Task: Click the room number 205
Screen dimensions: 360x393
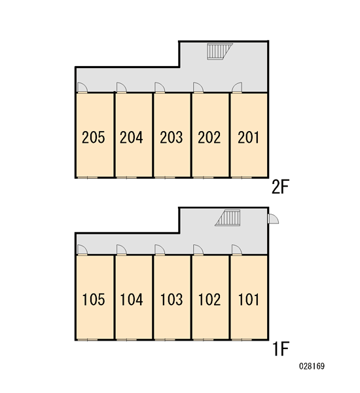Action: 93,138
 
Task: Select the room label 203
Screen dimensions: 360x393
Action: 171,138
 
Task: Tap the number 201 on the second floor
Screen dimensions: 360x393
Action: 248,138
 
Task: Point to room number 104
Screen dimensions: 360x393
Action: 132,299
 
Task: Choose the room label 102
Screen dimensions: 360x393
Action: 209,299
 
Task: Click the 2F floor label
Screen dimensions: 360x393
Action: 280,187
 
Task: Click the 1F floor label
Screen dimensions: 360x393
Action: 281,349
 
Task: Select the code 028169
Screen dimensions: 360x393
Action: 312,366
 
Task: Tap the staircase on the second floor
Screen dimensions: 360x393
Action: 220,51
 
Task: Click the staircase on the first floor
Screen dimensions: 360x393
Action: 228,218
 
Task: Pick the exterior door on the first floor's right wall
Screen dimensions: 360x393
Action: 273,219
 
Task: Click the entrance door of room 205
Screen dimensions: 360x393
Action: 82,88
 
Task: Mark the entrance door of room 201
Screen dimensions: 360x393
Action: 237,88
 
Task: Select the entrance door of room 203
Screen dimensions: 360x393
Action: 160,88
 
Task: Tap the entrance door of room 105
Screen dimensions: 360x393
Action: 82,250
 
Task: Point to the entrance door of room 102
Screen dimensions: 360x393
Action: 198,250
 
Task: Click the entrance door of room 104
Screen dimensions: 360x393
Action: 122,250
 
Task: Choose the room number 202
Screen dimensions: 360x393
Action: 209,138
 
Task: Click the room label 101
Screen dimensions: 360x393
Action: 248,299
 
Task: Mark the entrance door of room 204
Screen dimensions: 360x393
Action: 122,88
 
